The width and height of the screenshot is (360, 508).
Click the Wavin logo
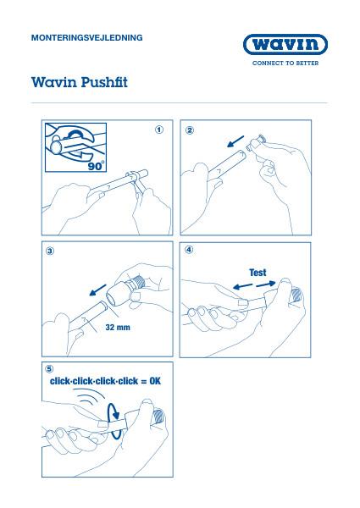coord(285,44)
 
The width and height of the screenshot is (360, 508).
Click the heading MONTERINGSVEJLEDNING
coord(87,37)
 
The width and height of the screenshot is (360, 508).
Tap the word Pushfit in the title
coord(104,82)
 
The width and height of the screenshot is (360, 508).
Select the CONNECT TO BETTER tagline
coord(285,63)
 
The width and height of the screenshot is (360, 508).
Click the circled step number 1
coord(159,130)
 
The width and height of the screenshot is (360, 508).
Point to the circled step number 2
coord(190,130)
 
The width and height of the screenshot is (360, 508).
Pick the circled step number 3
coord(50,251)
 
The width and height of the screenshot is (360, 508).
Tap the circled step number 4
coord(189,250)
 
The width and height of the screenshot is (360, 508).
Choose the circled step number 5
coord(49,369)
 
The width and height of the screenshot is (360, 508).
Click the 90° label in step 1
coord(97,166)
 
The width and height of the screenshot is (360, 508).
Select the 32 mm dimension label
coord(118,327)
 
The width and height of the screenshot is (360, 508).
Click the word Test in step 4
coord(258,273)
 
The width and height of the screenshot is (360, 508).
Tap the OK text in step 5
coord(155,381)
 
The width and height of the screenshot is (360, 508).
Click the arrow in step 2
coord(235,141)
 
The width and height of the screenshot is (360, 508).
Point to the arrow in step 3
coord(98,290)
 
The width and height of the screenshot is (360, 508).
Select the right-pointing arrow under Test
coord(265,284)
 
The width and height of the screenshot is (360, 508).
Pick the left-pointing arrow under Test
coord(243,287)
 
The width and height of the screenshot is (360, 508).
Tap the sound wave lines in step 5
coord(89,396)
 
